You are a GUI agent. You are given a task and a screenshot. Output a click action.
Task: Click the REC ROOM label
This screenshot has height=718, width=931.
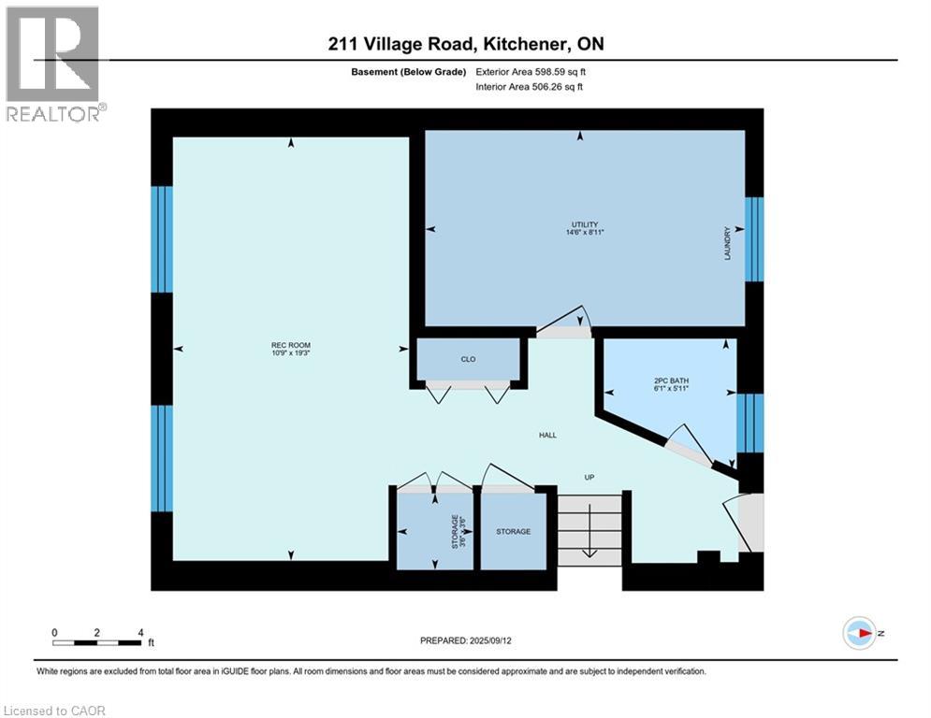pyautogui.click(x=291, y=345)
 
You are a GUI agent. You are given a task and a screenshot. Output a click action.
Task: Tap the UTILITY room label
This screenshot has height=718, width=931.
pyautogui.click(x=585, y=224)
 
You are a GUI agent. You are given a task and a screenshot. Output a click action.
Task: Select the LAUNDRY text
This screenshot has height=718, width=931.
pyautogui.click(x=727, y=243)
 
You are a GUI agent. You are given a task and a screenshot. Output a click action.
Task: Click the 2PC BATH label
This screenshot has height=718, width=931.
pyautogui.click(x=671, y=381)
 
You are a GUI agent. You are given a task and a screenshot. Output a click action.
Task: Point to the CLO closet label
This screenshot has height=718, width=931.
pyautogui.click(x=468, y=359)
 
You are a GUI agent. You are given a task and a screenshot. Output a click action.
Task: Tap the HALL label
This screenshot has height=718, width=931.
pyautogui.click(x=547, y=435)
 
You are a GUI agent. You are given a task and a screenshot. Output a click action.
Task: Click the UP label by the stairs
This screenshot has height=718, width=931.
pyautogui.click(x=589, y=477)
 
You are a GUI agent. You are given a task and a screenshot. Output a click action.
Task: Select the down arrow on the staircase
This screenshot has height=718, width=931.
pyautogui.click(x=589, y=530)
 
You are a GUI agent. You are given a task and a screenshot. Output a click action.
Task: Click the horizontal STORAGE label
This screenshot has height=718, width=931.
pyautogui.click(x=513, y=531)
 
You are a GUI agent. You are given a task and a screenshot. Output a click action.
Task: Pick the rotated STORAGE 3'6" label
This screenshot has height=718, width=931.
pyautogui.click(x=458, y=531)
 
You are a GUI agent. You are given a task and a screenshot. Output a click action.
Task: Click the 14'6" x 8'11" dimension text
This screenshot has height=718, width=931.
pyautogui.click(x=585, y=232)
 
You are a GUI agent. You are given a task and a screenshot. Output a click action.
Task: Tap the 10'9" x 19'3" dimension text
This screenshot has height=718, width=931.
pyautogui.click(x=291, y=352)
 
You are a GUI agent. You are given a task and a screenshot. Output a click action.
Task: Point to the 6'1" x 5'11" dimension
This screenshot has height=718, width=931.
pyautogui.click(x=671, y=388)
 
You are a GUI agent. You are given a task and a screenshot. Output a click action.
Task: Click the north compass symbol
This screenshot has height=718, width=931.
pyautogui.click(x=860, y=633)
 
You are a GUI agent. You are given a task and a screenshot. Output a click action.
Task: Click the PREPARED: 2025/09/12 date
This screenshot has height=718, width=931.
pyautogui.click(x=466, y=640)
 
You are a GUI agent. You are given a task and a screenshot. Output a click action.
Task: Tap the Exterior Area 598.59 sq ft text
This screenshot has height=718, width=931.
pyautogui.click(x=531, y=72)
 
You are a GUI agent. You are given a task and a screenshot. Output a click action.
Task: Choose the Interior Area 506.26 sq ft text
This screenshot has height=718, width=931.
pyautogui.click(x=529, y=87)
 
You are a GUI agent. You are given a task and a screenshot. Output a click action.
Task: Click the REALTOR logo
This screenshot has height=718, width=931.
pyautogui.click(x=54, y=64)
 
